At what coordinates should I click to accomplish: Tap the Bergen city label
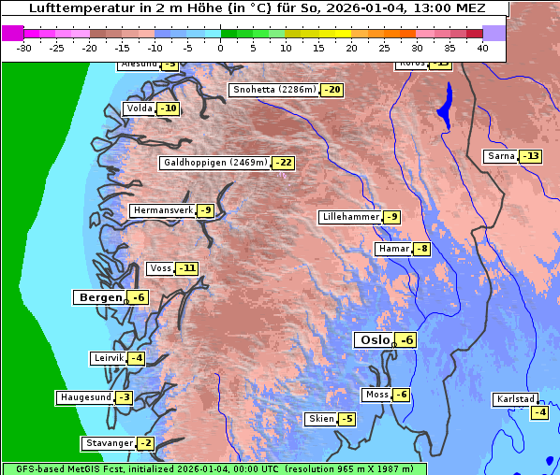[x=97, y=297]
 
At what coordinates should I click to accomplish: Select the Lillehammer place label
[x=350, y=217]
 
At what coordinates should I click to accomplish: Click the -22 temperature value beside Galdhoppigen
[x=283, y=163]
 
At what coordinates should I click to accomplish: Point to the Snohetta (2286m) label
[x=273, y=91]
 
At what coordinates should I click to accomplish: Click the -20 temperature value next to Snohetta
[x=332, y=91]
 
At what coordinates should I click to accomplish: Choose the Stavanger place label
[x=108, y=443]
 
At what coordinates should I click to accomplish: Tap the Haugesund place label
[x=85, y=397]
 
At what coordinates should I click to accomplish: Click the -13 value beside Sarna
[x=531, y=156]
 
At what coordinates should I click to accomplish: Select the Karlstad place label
[x=516, y=400]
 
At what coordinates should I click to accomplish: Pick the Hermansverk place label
[x=161, y=211]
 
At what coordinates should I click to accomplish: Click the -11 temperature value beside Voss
[x=187, y=268]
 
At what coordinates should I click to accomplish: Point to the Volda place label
[x=139, y=108]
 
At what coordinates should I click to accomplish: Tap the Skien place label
[x=320, y=419]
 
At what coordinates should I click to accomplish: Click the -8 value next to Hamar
[x=421, y=249]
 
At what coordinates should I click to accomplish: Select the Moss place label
[x=376, y=395]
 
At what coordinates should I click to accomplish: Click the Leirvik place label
[x=108, y=358]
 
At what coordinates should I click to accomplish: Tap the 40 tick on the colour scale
[x=482, y=48]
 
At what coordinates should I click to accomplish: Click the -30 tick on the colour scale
[x=24, y=48]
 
